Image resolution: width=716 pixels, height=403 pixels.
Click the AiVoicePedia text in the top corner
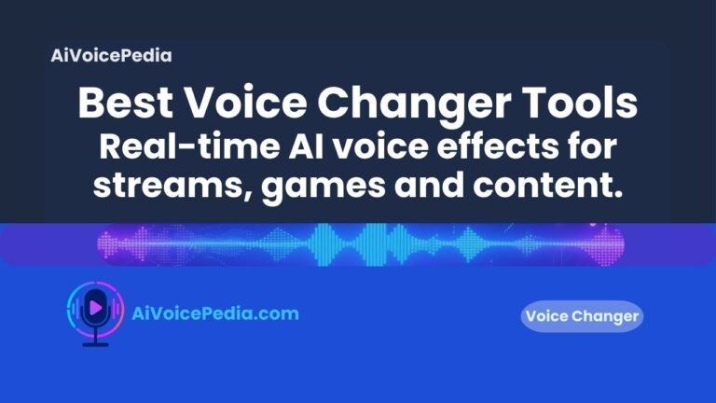(112, 55)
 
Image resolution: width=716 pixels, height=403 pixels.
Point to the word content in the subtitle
(550, 186)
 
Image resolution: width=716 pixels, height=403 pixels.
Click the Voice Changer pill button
(582, 317)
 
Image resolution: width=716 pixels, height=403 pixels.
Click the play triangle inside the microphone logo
(96, 305)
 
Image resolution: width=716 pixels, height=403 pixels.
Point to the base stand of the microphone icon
(95, 343)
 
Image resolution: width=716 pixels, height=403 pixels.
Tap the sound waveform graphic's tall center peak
(358, 245)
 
